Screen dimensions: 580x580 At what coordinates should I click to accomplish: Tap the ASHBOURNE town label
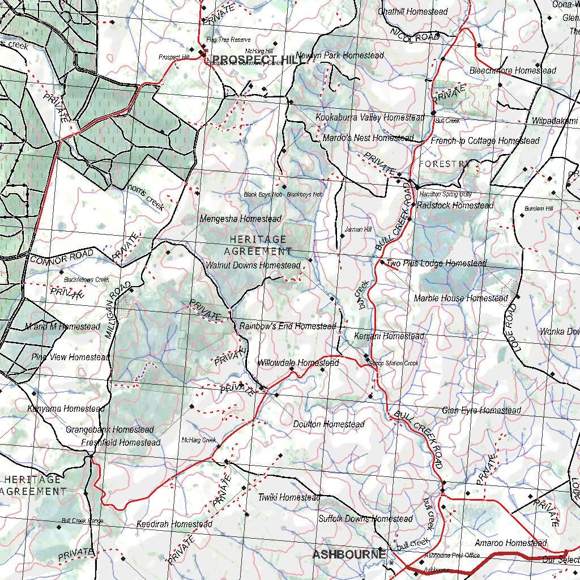coord(349,554)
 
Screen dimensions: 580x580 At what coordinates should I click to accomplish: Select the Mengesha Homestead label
coord(240,219)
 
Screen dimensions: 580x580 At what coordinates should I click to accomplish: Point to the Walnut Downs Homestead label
coord(253,265)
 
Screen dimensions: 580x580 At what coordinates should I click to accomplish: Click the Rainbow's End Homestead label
coord(287,326)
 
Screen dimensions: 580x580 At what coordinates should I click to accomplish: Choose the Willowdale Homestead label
coord(298,362)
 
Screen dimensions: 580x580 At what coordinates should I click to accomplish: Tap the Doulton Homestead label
coord(329,424)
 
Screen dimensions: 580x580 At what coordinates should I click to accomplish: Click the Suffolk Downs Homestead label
coord(365,519)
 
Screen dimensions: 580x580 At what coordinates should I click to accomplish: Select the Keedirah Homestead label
coord(174,524)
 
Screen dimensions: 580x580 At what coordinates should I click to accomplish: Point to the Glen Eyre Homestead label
coord(481,410)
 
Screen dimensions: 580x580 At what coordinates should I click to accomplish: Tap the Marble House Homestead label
coord(460,298)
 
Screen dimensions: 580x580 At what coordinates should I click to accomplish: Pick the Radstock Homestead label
coord(455,205)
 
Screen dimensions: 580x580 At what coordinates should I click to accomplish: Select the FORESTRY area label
coord(445,164)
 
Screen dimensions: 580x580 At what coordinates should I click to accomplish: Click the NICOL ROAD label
coord(415,35)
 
